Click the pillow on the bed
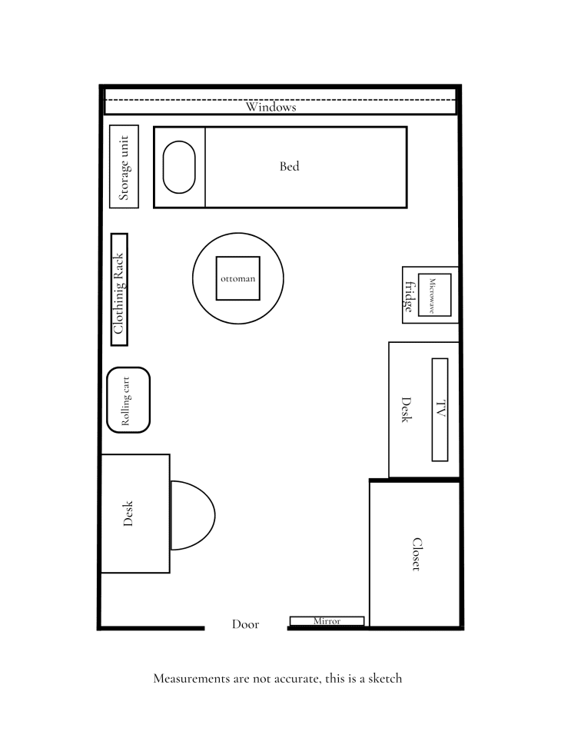click(x=179, y=167)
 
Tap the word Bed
click(x=290, y=166)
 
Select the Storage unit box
click(x=124, y=167)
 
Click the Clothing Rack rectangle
click(x=119, y=290)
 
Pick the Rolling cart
click(x=128, y=400)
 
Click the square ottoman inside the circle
click(x=237, y=278)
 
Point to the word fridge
click(x=409, y=296)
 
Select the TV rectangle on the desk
click(x=440, y=410)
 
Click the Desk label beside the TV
click(x=407, y=411)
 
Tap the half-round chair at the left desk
click(x=191, y=515)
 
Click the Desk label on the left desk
click(x=128, y=514)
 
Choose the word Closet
click(x=416, y=554)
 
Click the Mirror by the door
click(x=327, y=621)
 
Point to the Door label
click(x=245, y=625)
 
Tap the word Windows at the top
click(x=271, y=108)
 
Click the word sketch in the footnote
click(x=383, y=679)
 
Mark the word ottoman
click(x=237, y=278)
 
